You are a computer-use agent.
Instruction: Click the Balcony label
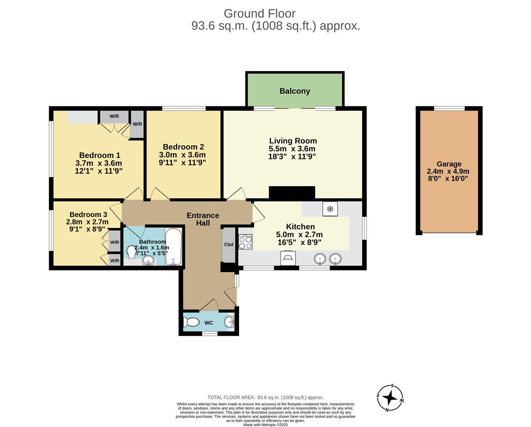point(294,91)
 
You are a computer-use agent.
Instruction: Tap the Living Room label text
point(293,141)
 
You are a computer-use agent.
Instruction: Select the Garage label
point(449,164)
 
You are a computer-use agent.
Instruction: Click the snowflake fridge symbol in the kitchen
point(330,209)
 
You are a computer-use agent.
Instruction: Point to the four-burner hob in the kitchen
point(245,242)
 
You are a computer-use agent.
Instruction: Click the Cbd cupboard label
point(228,244)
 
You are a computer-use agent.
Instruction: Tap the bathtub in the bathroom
point(173,246)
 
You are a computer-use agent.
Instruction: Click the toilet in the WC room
point(192,323)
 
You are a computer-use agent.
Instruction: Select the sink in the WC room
point(230,322)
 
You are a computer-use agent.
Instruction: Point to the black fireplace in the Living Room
point(292,192)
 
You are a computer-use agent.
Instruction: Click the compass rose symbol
point(390,398)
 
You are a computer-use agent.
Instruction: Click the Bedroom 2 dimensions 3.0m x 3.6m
point(182,155)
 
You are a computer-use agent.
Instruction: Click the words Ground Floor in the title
point(260,13)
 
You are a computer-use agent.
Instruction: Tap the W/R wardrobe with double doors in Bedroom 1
point(114,117)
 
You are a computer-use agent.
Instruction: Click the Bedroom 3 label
point(88,215)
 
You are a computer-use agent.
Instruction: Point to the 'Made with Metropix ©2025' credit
point(265,425)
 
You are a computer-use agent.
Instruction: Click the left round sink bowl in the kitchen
point(320,259)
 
